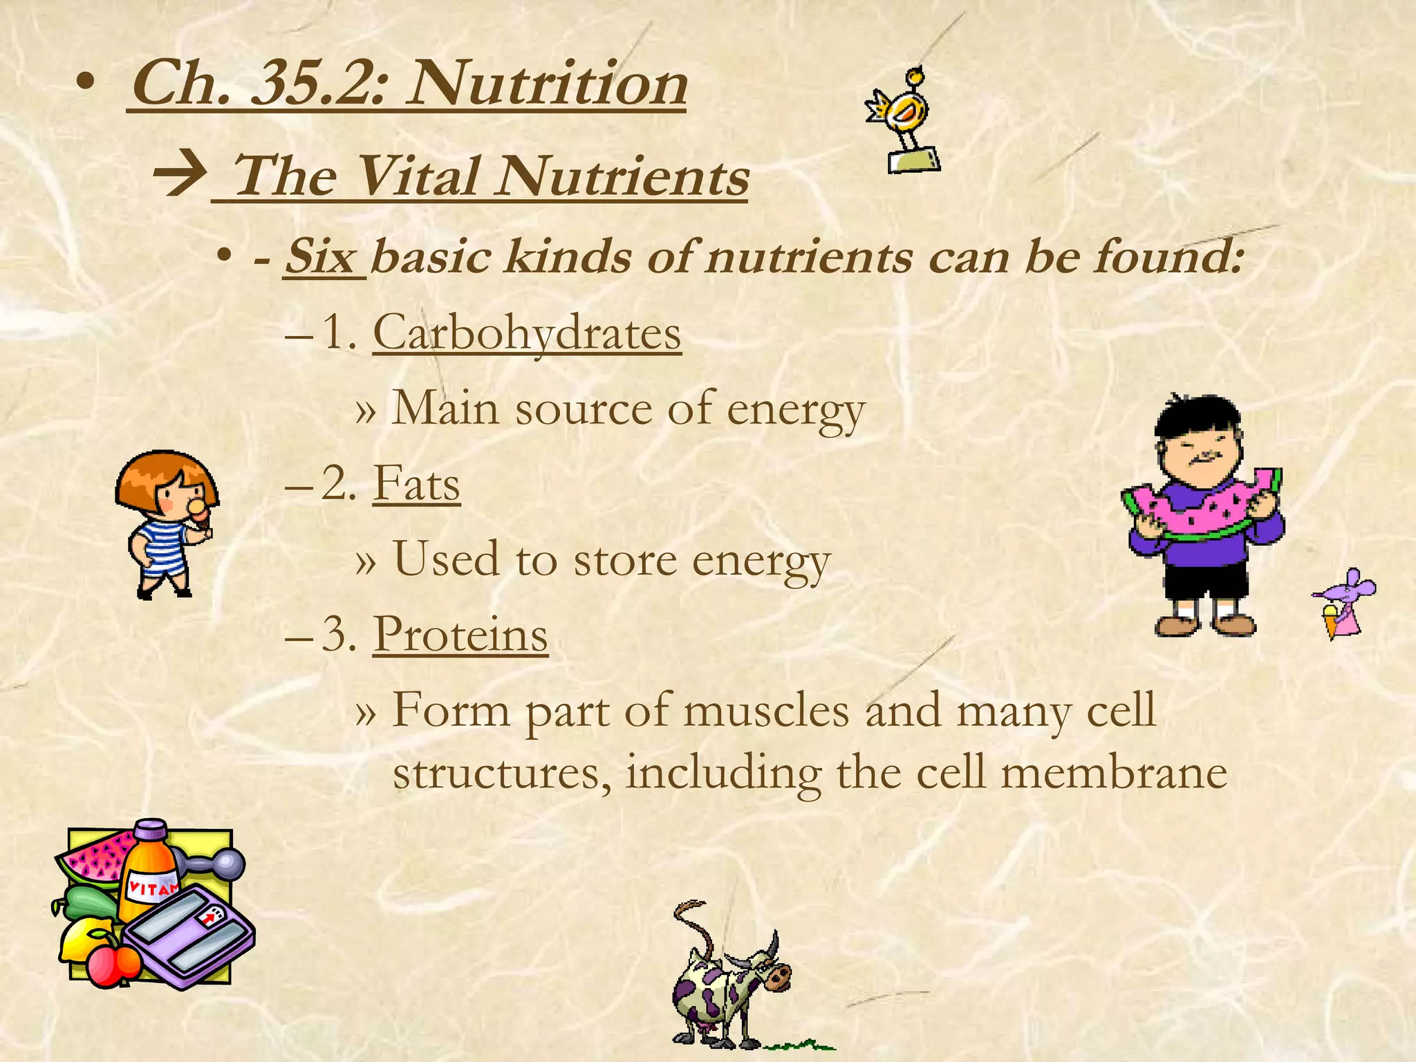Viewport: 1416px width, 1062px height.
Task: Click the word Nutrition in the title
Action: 550,84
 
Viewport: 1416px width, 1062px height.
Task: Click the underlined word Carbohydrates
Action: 527,333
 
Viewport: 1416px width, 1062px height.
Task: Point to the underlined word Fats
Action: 416,483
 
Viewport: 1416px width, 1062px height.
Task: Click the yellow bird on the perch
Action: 902,111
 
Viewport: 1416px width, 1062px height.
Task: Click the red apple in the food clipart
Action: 111,965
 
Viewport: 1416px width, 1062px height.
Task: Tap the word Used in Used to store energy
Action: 445,559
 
